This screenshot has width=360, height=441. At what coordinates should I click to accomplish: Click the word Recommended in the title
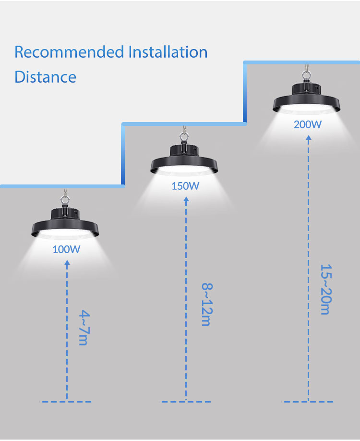pyautogui.click(x=70, y=52)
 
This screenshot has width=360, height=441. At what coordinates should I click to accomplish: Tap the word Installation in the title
pyautogui.click(x=168, y=52)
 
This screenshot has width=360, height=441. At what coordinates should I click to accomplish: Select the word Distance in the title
pyautogui.click(x=45, y=77)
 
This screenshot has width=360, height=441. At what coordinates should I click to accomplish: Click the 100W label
pyautogui.click(x=66, y=249)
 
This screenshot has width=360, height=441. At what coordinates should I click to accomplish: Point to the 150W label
pyautogui.click(x=185, y=186)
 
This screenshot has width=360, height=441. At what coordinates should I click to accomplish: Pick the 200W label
pyautogui.click(x=308, y=124)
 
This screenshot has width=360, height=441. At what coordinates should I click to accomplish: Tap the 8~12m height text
pyautogui.click(x=207, y=305)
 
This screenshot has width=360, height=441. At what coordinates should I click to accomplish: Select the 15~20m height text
pyautogui.click(x=326, y=289)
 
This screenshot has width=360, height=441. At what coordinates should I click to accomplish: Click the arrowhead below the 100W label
pyautogui.click(x=67, y=263)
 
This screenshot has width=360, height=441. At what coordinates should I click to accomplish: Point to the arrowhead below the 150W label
pyautogui.click(x=186, y=199)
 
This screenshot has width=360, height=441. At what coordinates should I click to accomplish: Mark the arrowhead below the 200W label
pyautogui.click(x=309, y=138)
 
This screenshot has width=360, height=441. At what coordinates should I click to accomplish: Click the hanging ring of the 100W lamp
pyautogui.click(x=65, y=200)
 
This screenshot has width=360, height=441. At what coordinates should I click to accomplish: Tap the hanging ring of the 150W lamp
pyautogui.click(x=184, y=137)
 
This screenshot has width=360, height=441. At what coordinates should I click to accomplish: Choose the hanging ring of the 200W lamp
pyautogui.click(x=306, y=75)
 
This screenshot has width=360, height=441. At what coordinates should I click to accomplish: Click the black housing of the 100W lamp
pyautogui.click(x=65, y=223)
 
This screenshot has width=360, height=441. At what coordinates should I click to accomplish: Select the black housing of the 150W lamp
pyautogui.click(x=184, y=160)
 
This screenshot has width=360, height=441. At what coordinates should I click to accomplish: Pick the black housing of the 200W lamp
pyautogui.click(x=306, y=98)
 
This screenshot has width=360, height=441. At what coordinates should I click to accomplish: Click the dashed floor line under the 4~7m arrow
pyautogui.click(x=66, y=402)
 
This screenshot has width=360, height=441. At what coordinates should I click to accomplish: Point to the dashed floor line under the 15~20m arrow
pyautogui.click(x=309, y=402)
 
